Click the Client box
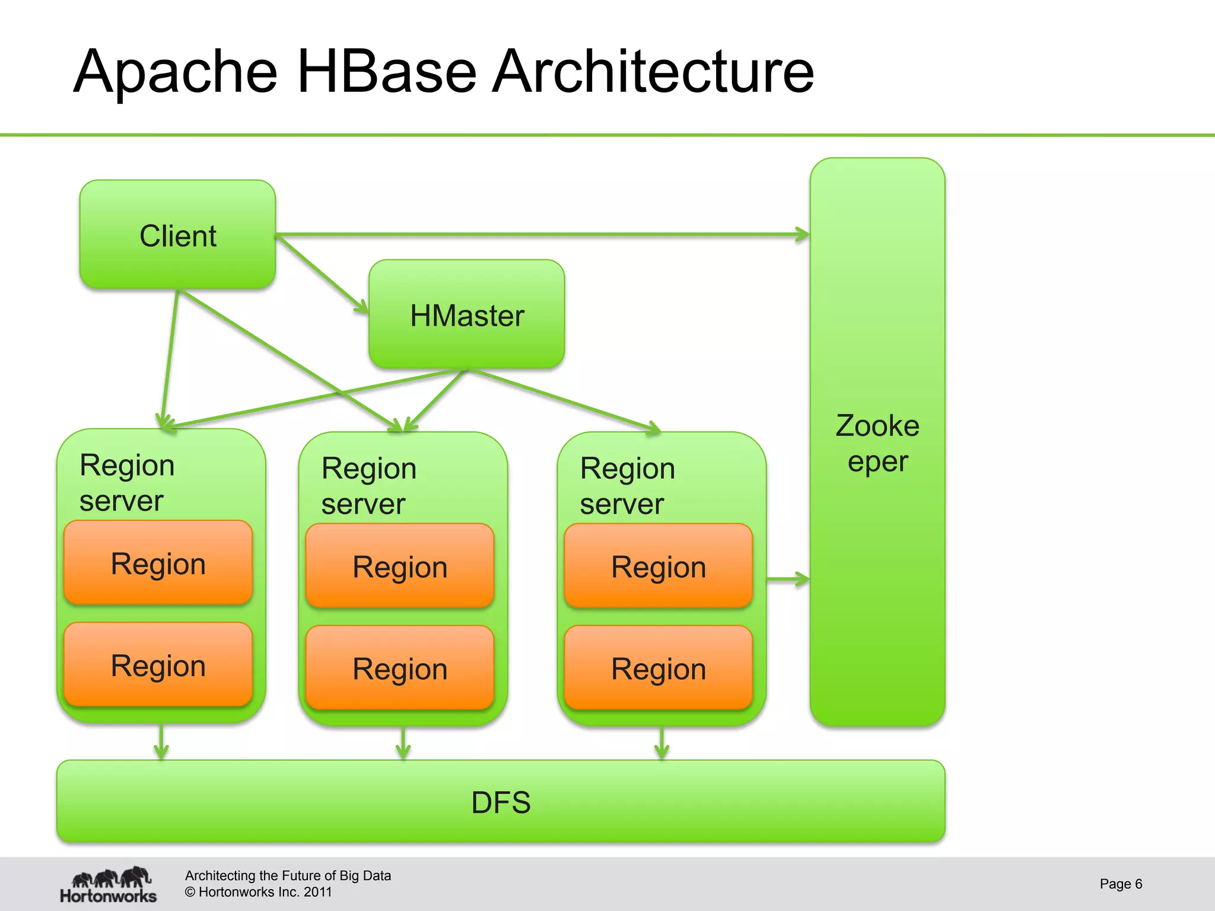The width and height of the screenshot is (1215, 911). [x=177, y=235]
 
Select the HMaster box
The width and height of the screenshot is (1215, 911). [x=466, y=314]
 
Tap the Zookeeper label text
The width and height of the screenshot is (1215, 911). [x=877, y=444]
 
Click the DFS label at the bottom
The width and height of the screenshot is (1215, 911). [x=501, y=802]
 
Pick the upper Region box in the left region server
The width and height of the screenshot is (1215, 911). [x=158, y=563]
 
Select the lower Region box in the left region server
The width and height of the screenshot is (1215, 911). [x=158, y=665]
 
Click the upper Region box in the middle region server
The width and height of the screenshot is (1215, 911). [x=400, y=566]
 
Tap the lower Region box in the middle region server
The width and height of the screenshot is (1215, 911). [x=400, y=668]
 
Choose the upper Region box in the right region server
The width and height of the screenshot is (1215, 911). [x=659, y=566]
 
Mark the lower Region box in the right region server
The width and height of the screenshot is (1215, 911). [x=659, y=668]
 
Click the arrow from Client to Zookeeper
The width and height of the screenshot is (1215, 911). [x=540, y=235]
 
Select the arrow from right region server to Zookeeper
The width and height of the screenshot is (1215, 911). [x=788, y=579]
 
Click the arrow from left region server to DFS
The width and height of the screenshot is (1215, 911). [x=161, y=741]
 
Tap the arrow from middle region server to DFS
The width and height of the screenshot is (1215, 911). [x=403, y=743]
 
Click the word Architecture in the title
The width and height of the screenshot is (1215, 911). [x=653, y=72]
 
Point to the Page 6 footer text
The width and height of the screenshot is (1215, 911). [x=1121, y=884]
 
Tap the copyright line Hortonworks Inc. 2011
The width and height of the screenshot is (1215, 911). [x=259, y=892]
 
